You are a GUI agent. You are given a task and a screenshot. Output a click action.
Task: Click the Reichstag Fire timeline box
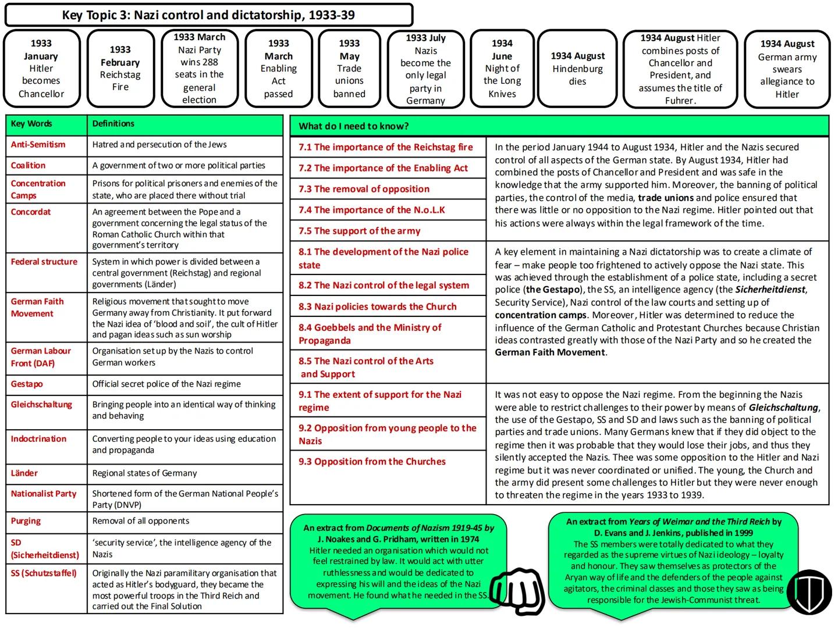120,69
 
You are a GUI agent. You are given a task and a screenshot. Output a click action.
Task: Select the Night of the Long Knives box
502,69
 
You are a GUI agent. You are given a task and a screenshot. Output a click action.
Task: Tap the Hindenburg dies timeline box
577,69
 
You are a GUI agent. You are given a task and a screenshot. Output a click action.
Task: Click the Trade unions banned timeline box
349,69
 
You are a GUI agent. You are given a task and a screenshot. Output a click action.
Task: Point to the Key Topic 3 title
208,15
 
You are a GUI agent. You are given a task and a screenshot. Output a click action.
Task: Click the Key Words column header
31,124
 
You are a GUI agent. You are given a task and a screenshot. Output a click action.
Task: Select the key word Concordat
31,212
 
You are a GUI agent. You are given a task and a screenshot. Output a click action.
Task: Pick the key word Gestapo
27,384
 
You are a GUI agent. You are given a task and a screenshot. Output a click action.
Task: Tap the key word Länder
24,473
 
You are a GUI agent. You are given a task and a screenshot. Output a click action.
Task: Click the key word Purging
26,521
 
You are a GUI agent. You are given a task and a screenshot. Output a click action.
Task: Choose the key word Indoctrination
38,439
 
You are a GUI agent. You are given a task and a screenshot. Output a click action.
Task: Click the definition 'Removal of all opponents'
141,521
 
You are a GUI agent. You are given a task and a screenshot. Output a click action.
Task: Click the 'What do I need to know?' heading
354,126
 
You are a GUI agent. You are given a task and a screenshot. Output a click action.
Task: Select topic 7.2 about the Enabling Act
383,168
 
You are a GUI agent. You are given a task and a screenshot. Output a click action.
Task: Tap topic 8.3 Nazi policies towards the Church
378,306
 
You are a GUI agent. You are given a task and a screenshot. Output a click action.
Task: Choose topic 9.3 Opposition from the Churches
372,462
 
